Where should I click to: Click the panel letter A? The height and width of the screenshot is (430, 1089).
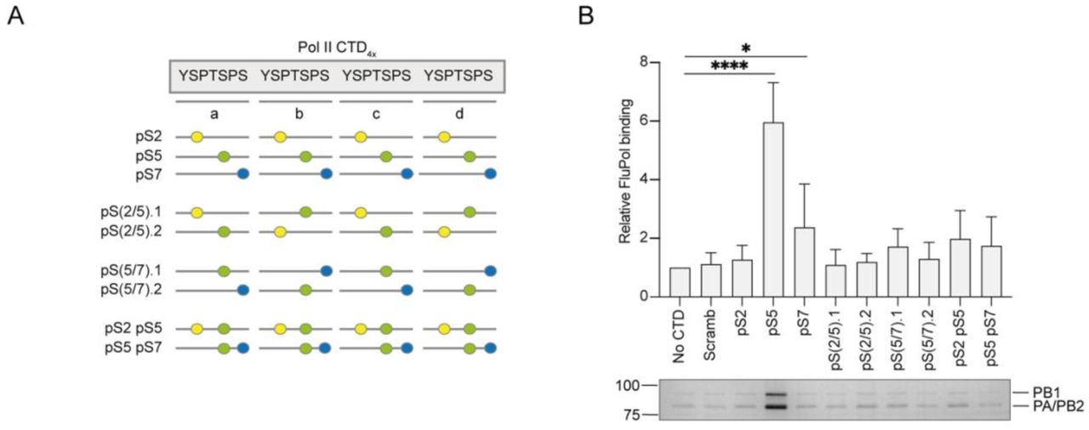[14, 15]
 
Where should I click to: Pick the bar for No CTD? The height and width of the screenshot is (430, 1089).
[679, 282]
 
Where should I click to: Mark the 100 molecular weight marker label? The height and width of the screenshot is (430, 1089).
[626, 387]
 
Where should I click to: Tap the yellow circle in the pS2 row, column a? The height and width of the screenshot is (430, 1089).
[197, 137]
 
